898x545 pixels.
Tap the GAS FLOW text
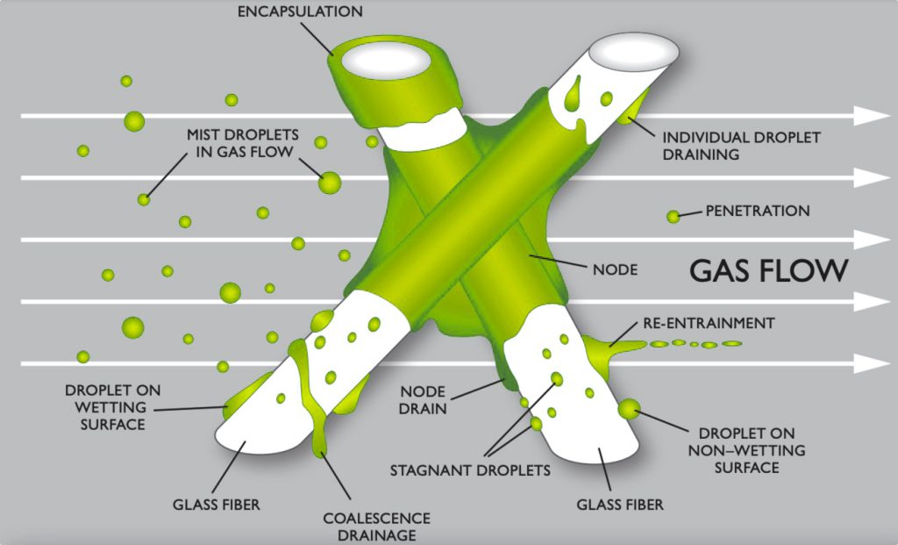pyautogui.click(x=768, y=269)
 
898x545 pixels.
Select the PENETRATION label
pyautogui.click(x=758, y=211)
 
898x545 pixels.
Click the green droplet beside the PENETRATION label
pyautogui.click(x=673, y=216)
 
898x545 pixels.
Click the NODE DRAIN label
pyautogui.click(x=424, y=399)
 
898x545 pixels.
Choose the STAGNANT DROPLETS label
pyautogui.click(x=470, y=470)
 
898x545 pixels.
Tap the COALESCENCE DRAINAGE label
pyautogui.click(x=369, y=525)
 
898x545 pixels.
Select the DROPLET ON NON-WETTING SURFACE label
pyautogui.click(x=746, y=450)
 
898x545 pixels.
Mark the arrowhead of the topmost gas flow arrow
pyautogui.click(x=872, y=116)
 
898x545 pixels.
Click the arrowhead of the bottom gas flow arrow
pyautogui.click(x=872, y=362)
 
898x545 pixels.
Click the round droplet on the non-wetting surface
pyautogui.click(x=629, y=408)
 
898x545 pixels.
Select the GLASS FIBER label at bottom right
pyautogui.click(x=620, y=504)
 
